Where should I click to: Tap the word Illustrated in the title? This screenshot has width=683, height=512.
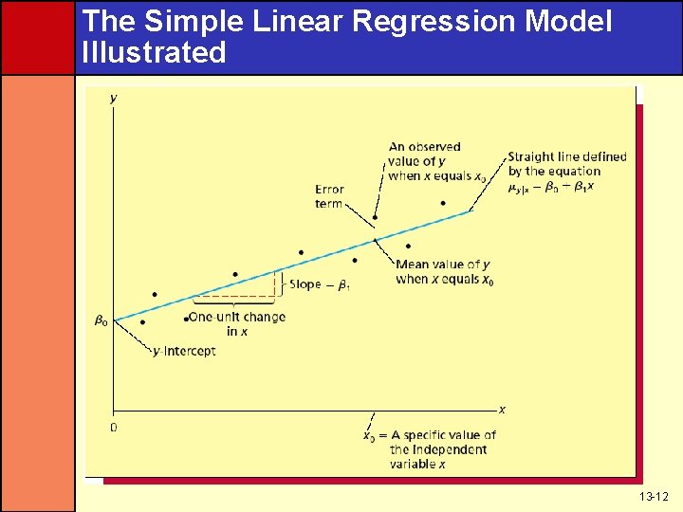154,52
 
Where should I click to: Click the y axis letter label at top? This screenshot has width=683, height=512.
114,98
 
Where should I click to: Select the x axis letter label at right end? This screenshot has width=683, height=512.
502,410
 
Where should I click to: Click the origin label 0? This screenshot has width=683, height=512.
114,428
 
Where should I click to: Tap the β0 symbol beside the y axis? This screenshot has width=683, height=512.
100,320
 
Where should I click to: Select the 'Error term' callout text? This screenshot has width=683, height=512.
329,196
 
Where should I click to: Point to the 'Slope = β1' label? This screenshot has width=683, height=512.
319,284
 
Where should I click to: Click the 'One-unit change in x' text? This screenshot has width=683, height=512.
237,323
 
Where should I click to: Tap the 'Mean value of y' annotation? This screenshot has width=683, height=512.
444,271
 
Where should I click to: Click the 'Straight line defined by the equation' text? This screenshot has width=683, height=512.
566,164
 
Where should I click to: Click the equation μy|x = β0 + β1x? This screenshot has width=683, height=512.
551,187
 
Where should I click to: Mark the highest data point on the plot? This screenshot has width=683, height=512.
442,202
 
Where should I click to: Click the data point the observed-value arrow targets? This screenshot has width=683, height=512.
376,217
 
